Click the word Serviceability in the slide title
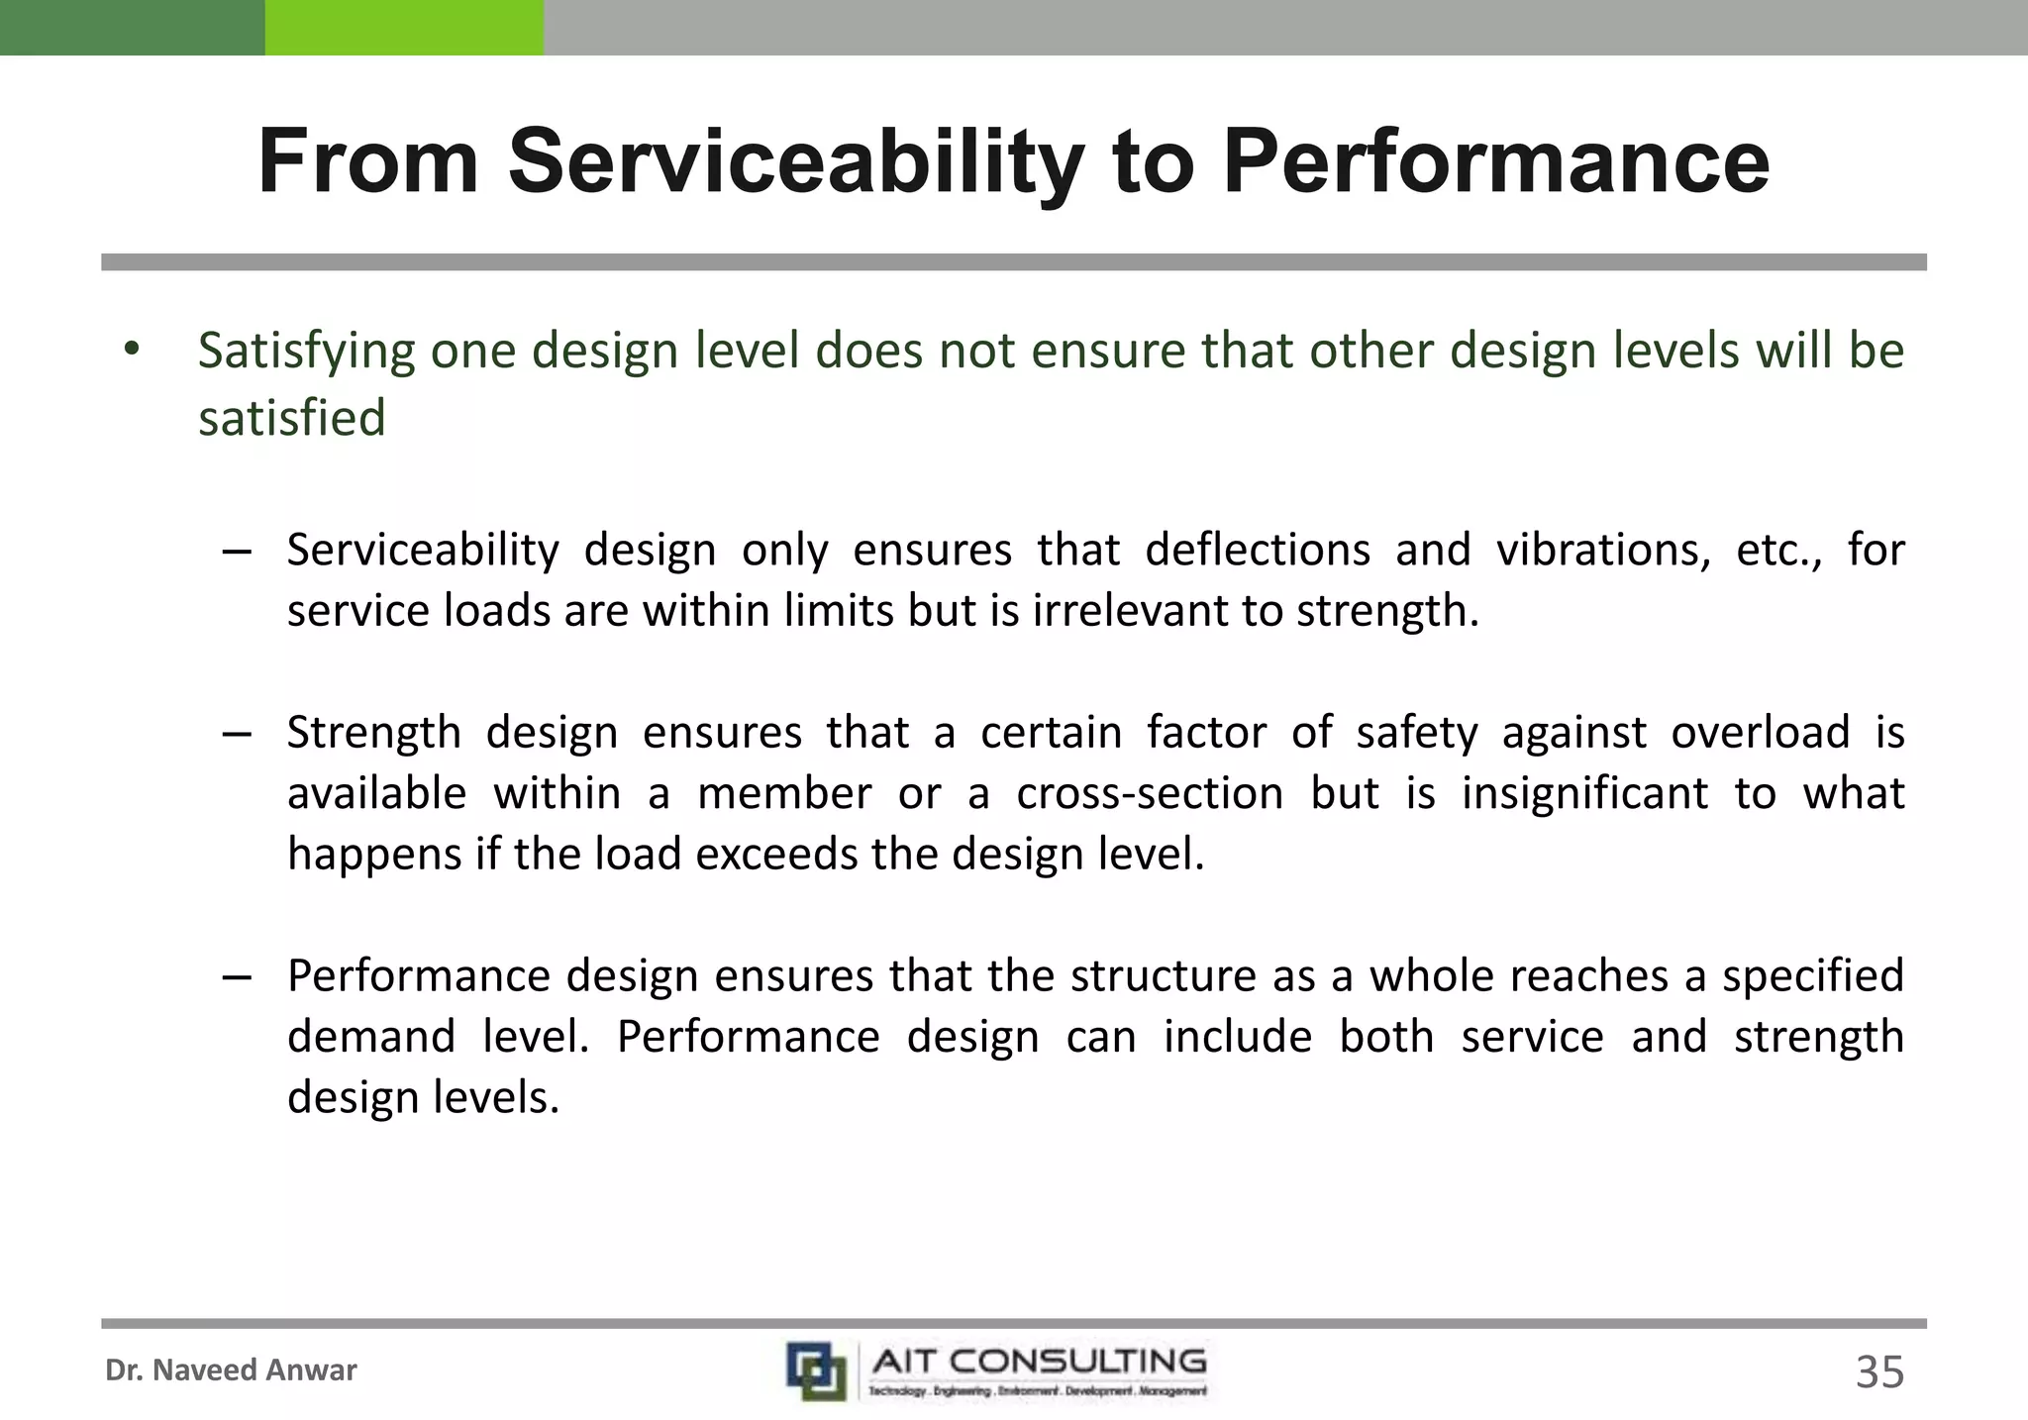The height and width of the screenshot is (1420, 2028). (796, 163)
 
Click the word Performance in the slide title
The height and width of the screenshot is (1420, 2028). (1495, 161)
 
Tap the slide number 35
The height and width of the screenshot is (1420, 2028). (1879, 1372)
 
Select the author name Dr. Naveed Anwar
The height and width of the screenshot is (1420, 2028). (231, 1370)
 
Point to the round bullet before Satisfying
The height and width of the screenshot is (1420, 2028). (133, 350)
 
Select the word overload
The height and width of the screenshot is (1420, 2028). (1761, 733)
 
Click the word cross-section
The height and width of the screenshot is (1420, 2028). (1150, 794)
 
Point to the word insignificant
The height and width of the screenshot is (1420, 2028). (1585, 794)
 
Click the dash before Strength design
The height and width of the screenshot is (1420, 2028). (237, 734)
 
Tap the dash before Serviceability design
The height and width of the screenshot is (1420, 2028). (237, 551)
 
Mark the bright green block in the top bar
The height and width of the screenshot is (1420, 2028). (404, 28)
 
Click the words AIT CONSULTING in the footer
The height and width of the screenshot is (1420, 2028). (1039, 1362)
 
